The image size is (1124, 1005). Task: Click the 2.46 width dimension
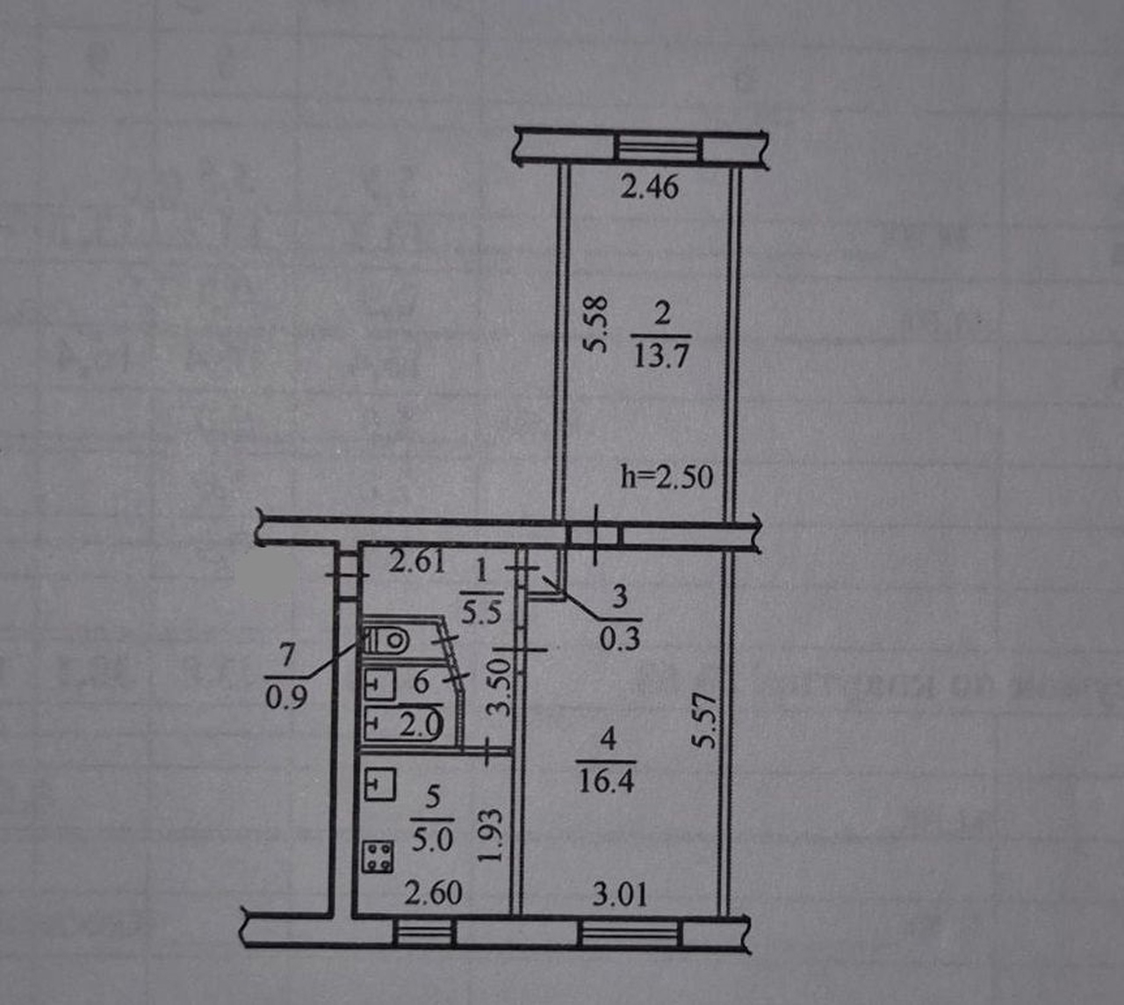coord(650,187)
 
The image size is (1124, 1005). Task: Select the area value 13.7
coord(660,357)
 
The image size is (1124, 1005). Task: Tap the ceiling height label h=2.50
coord(666,476)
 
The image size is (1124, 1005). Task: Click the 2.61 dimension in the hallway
coord(417,560)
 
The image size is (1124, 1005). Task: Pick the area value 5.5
coord(481,611)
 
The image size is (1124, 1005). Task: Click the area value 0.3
coord(620,637)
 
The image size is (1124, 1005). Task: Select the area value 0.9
coord(286,698)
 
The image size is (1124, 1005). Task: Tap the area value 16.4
coord(606,779)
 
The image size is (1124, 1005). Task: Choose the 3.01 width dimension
coord(620,894)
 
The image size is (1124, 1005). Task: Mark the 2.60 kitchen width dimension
coord(433,893)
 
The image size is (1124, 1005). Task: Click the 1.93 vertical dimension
coord(494,835)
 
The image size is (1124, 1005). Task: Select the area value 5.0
coord(432,839)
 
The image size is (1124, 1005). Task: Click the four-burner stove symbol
coord(379,857)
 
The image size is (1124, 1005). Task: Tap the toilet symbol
coord(386,640)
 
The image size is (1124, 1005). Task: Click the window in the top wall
coord(659,147)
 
